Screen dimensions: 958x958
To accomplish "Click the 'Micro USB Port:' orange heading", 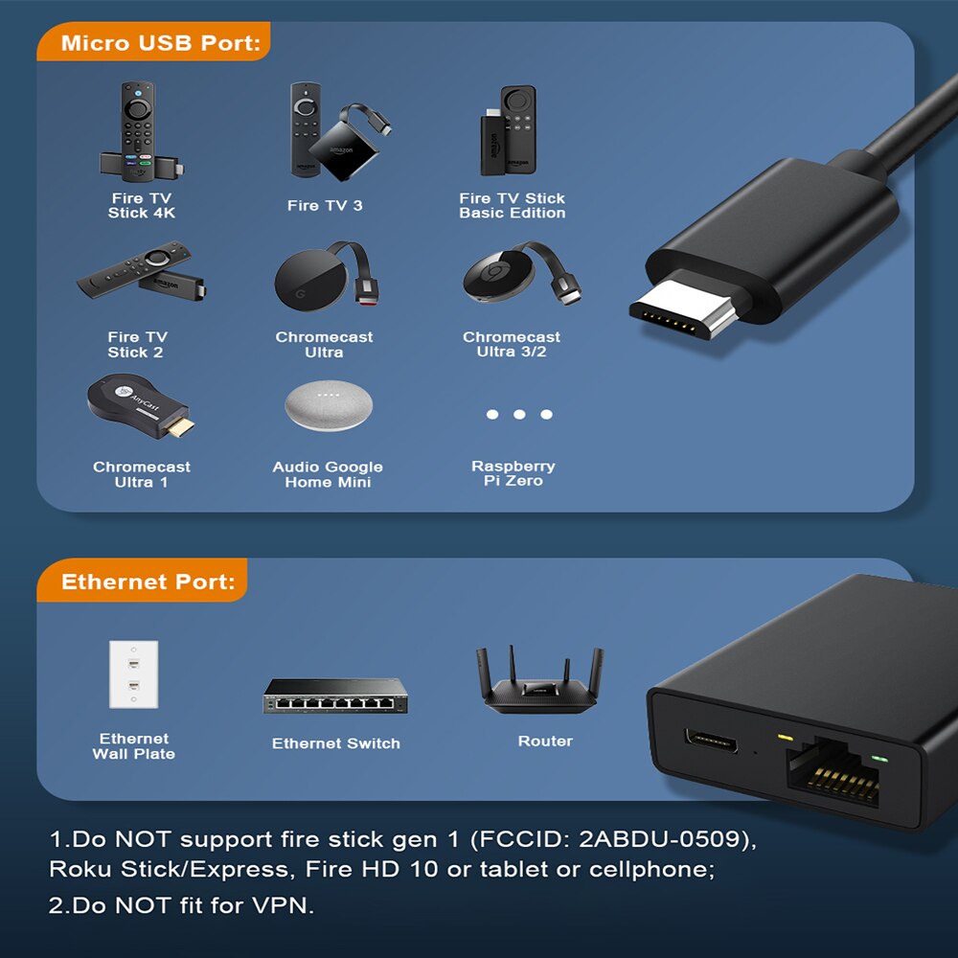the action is [161, 43].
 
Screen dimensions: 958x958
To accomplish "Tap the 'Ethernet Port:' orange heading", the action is [148, 582].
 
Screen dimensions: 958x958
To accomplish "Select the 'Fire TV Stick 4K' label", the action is [142, 205].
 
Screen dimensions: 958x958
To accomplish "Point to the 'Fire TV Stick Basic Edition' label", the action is [512, 205].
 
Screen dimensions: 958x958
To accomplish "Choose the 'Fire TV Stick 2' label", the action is [136, 345].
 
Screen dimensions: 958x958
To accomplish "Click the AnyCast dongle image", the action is [141, 406].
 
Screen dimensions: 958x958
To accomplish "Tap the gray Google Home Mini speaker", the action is [329, 405].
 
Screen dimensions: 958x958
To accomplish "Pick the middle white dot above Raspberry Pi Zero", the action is [519, 414].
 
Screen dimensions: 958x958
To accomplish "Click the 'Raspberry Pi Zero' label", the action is [513, 473].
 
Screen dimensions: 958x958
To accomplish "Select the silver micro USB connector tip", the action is [683, 309].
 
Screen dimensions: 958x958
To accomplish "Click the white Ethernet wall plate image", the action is [134, 674].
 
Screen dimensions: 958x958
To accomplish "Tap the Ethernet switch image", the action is [335, 696].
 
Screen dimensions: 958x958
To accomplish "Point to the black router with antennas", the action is [540, 680].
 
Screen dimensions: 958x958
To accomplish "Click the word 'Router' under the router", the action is [546, 741].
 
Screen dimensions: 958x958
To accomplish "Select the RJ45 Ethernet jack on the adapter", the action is [833, 771].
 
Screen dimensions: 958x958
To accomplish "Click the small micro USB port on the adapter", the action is [711, 741].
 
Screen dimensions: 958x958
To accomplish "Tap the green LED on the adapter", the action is [879, 759].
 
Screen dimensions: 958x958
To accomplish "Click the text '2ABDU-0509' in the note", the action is [659, 839].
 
